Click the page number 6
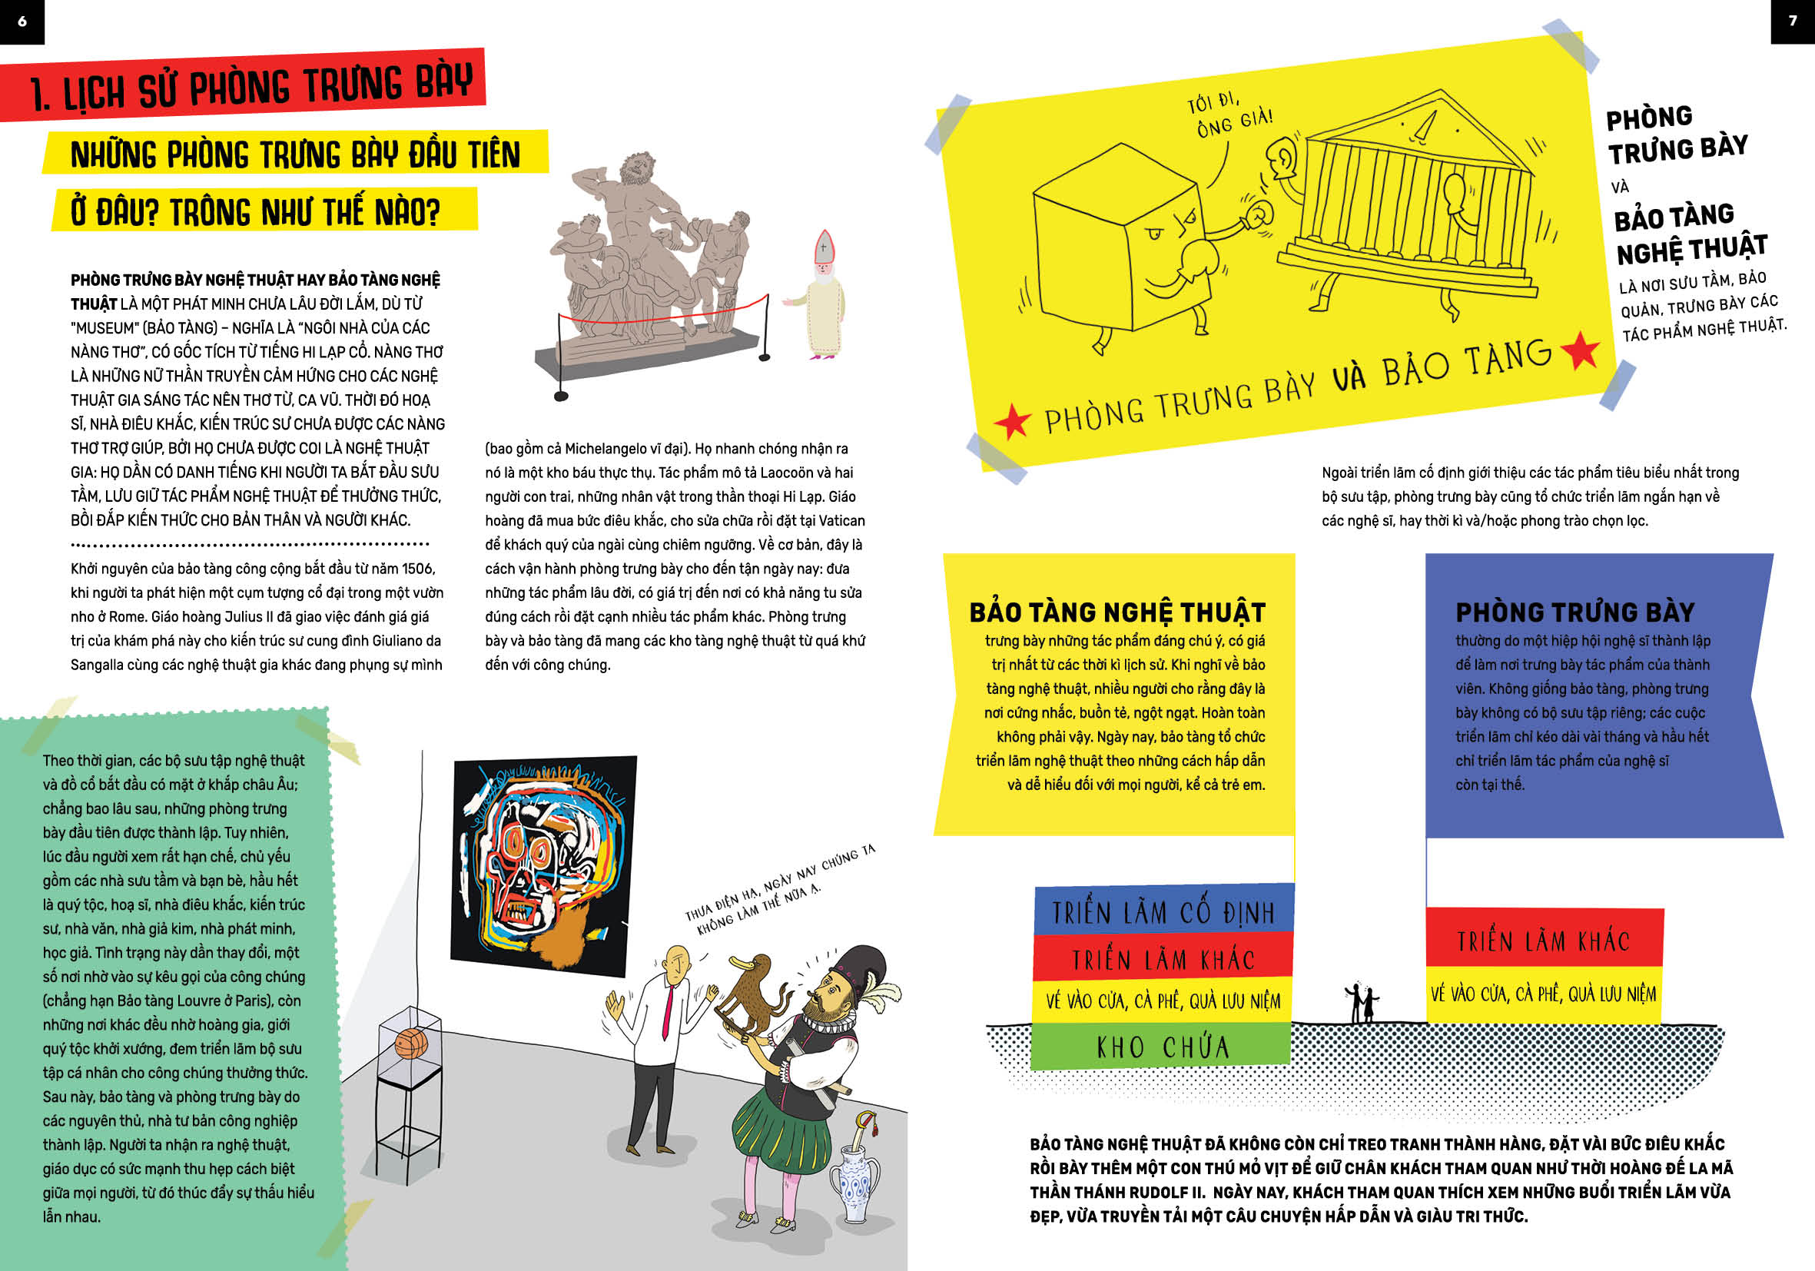click(x=22, y=22)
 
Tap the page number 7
click(x=1793, y=22)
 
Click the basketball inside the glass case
click(x=410, y=1044)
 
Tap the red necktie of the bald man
click(x=668, y=1012)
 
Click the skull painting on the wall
click(x=544, y=867)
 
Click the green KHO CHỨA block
click(x=1160, y=1047)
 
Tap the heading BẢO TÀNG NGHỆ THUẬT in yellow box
click(x=1117, y=612)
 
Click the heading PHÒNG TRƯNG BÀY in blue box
click(x=1574, y=612)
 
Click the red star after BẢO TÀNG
click(x=1580, y=351)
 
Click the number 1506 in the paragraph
click(x=417, y=569)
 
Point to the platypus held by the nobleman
click(x=751, y=996)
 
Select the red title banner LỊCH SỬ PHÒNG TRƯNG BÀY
click(x=243, y=85)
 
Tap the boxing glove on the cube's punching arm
click(x=1256, y=215)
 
